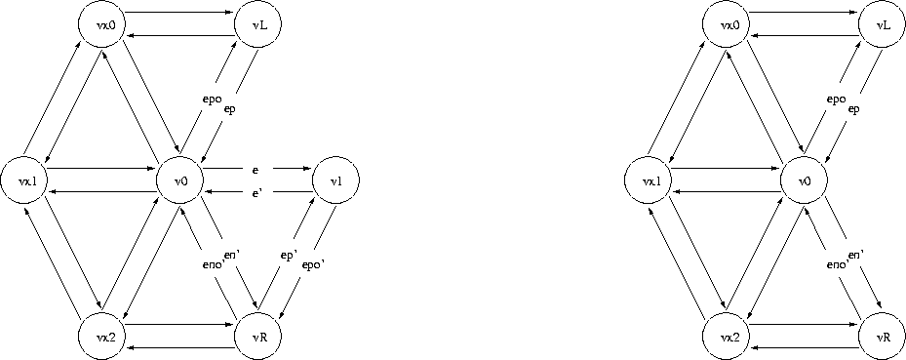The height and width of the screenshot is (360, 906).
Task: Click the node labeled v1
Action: coord(335,180)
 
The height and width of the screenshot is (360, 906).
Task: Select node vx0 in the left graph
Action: coord(100,24)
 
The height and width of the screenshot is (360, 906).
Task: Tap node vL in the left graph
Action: coord(256,24)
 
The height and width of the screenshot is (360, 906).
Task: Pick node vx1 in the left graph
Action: coord(23,181)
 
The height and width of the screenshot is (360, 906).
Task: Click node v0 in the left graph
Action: coord(179,181)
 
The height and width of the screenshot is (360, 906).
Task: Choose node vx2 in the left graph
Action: coord(101,336)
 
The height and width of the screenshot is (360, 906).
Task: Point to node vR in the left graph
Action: coord(257,336)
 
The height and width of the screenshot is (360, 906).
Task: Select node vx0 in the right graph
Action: coord(725,24)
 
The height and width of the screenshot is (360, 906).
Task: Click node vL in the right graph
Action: coord(881,24)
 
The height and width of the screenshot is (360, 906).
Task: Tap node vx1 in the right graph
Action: coord(648,181)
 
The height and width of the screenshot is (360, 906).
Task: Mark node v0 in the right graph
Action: coord(804,181)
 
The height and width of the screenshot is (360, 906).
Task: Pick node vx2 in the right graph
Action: coord(726,336)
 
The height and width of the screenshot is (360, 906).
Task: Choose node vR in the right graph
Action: coord(882,336)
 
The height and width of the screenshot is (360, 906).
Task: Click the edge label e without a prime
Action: coord(256,171)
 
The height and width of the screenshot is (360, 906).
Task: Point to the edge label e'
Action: coord(256,194)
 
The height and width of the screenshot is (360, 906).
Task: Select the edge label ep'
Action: coord(289,257)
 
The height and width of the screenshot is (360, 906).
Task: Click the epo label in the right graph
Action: coord(835,100)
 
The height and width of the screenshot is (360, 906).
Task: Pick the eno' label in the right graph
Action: coord(836,265)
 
